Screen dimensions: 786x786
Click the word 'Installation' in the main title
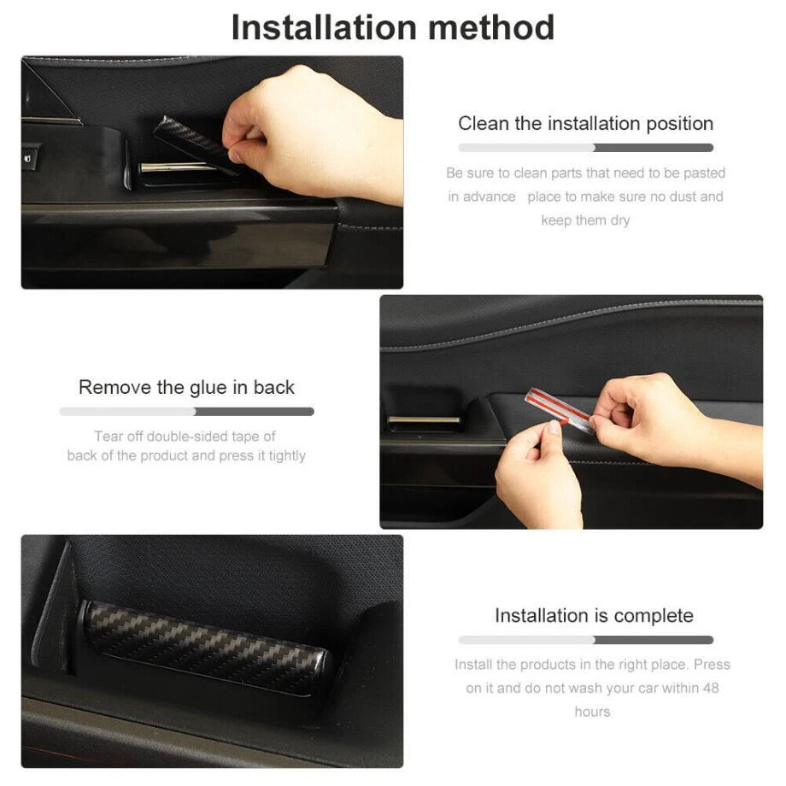323,27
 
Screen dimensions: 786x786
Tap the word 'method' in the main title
491,27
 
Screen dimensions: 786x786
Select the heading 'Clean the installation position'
585,124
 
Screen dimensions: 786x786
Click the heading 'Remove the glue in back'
186,388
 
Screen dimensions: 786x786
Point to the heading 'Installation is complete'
594,616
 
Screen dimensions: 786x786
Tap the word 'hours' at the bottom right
592,712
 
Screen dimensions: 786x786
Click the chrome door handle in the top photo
178,167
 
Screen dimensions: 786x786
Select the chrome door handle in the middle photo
424,420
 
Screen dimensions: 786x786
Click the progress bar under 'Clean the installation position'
585,148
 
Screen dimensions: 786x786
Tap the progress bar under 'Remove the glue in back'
186,412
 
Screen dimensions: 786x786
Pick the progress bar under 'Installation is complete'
585,640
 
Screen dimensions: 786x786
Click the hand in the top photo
311,135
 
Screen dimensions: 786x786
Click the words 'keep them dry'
585,220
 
